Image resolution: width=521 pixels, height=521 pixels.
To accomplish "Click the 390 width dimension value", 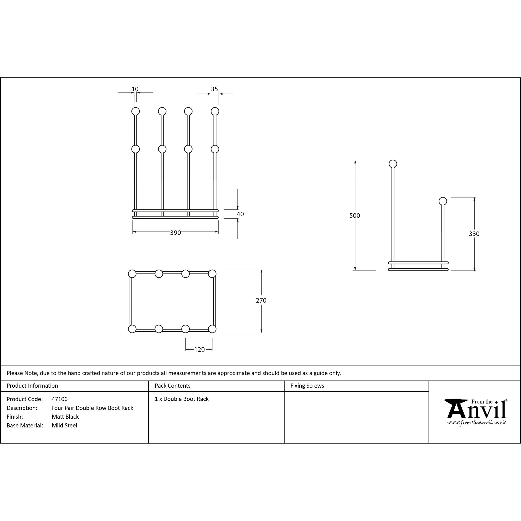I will tap(175, 233).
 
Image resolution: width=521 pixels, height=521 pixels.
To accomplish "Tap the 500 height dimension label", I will tap(355, 215).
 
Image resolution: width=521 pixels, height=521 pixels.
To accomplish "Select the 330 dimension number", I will tap(474, 234).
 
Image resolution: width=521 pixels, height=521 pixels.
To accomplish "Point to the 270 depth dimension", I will tap(261, 300).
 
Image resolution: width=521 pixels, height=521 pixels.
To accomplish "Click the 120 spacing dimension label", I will tap(199, 350).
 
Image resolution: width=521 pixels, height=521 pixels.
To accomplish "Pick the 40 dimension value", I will tap(240, 214).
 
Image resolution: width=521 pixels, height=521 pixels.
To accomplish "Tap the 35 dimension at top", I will tap(214, 89).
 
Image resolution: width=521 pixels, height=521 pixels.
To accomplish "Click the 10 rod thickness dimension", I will tap(135, 89).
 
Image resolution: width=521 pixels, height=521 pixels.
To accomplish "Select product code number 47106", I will tap(60, 399).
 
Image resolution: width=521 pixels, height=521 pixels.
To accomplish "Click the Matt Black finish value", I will tap(65, 417).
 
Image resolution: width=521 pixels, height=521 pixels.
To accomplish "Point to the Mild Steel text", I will tap(64, 425).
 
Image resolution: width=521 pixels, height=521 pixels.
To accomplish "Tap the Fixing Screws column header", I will tap(307, 386).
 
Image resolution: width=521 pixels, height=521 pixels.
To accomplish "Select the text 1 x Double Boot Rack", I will tap(182, 399).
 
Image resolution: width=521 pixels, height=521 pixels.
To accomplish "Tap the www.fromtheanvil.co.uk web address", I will tap(476, 423).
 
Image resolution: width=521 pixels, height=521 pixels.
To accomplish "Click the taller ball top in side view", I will tap(393, 164).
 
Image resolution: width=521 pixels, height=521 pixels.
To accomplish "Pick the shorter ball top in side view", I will tap(443, 201).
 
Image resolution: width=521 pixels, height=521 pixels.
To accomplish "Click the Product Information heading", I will tap(32, 386).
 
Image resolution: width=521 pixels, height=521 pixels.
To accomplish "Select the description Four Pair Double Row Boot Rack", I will tap(92, 408).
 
